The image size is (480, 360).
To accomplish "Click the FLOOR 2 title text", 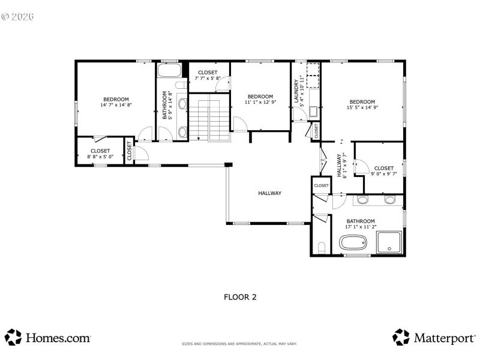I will [x=240, y=296].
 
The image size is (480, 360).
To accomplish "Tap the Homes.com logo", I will [x=48, y=337].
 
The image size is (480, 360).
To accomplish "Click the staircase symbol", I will [x=210, y=118].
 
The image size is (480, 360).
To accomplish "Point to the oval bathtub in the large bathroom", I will [x=354, y=244].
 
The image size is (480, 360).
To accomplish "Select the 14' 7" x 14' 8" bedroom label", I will [x=116, y=102].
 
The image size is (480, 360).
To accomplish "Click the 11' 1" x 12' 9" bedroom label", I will [x=260, y=100].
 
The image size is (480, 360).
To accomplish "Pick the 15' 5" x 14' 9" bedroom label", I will [x=362, y=104].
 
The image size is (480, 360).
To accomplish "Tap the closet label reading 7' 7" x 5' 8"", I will [x=208, y=76].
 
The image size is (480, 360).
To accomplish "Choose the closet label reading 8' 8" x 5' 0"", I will [x=100, y=154].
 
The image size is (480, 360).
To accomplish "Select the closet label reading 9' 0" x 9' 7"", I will [x=383, y=171].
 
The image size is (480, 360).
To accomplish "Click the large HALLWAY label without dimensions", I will [x=269, y=193].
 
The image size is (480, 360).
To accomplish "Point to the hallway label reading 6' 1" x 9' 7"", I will [x=341, y=166].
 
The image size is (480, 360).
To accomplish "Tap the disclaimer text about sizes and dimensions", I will [x=239, y=344].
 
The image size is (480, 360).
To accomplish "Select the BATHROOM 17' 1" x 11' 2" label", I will [x=360, y=224].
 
